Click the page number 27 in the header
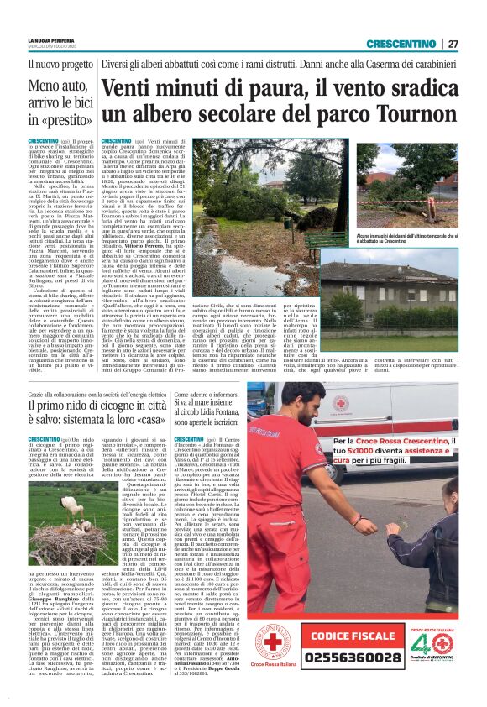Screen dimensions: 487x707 (453, 44)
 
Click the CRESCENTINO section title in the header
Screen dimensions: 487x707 (401, 44)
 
